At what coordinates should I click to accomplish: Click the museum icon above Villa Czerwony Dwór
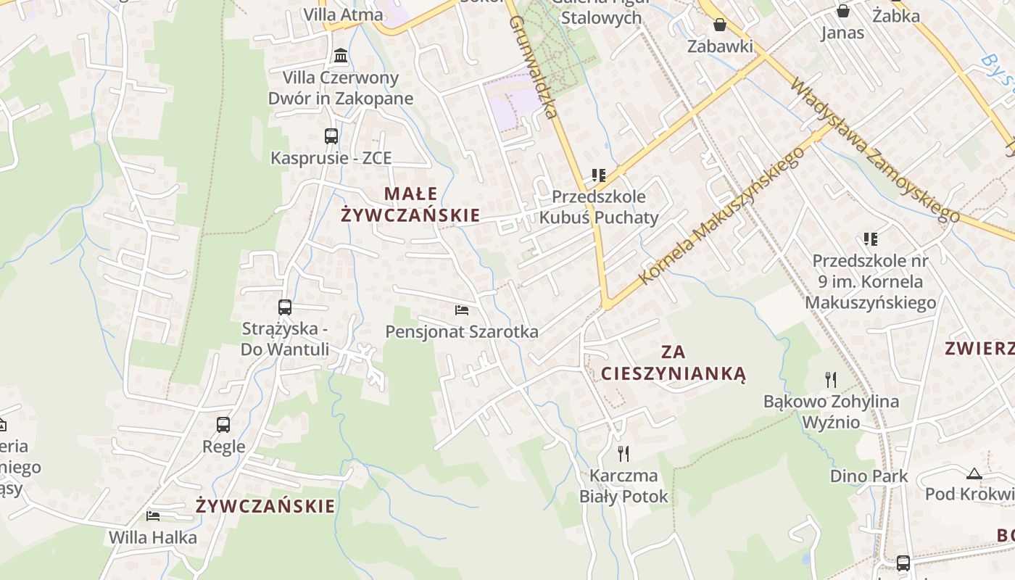pos(340,55)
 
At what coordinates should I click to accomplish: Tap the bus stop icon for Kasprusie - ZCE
pos(331,136)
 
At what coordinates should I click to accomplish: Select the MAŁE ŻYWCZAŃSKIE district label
pos(410,204)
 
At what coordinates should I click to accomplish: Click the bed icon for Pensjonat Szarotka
pos(461,310)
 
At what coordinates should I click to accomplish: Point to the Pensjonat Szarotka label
pos(462,332)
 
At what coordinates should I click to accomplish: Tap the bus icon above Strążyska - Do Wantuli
pos(285,307)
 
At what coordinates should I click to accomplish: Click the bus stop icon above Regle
pos(223,425)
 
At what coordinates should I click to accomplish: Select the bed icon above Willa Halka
pos(153,516)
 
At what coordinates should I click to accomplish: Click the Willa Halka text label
pos(153,538)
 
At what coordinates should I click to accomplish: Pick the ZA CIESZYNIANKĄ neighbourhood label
pos(674,362)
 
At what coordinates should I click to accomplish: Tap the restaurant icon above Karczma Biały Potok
pos(623,454)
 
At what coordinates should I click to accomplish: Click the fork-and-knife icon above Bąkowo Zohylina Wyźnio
pos(831,379)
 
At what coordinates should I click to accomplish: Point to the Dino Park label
pos(869,476)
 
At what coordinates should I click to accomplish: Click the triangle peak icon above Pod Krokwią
pos(974,474)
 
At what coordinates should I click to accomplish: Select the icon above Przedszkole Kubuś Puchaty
pos(598,175)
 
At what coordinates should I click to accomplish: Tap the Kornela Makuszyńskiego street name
pos(722,217)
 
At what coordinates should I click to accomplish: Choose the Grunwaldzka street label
pos(532,67)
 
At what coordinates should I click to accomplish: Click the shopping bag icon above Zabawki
pos(720,25)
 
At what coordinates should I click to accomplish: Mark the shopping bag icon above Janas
pos(842,11)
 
